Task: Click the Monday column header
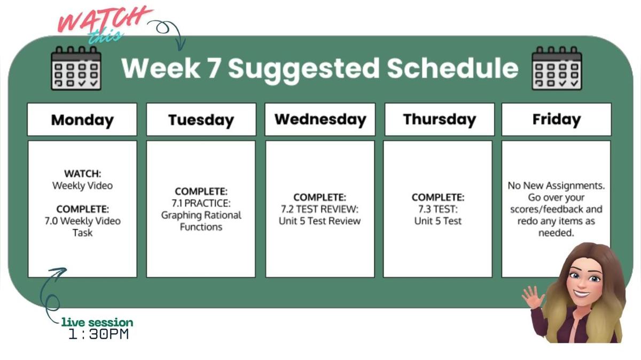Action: click(x=82, y=120)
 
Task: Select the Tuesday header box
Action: click(x=201, y=120)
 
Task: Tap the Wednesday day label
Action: click(x=320, y=119)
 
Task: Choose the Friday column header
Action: click(x=556, y=119)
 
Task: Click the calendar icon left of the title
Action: click(x=76, y=68)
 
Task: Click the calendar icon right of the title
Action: click(x=557, y=68)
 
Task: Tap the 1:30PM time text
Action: click(x=99, y=335)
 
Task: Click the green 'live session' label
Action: click(x=97, y=323)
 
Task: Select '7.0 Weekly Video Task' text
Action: click(x=82, y=226)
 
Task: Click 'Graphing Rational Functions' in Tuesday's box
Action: click(x=201, y=221)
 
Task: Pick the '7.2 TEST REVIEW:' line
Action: click(x=320, y=209)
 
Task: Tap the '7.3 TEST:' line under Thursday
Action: click(x=438, y=209)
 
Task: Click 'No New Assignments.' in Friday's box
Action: click(x=556, y=186)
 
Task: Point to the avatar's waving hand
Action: click(x=532, y=296)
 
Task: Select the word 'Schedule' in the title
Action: click(x=452, y=68)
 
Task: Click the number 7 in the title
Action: click(x=213, y=68)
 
